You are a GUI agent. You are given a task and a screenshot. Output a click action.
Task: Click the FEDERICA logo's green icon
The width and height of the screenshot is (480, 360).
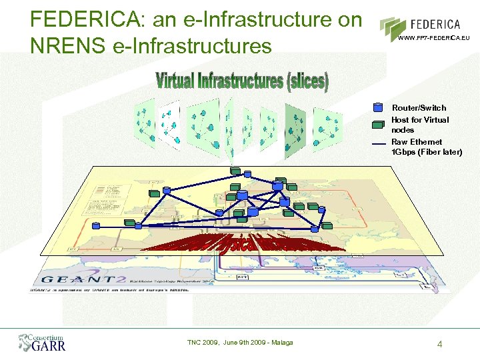pyautogui.click(x=391, y=27)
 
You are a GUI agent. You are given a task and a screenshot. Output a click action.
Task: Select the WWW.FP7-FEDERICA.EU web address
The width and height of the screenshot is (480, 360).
pyautogui.click(x=433, y=38)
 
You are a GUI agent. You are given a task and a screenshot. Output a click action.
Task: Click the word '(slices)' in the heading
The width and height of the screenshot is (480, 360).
pyautogui.click(x=307, y=82)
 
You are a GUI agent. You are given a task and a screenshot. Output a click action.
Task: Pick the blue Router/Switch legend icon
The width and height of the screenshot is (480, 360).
pyautogui.click(x=378, y=107)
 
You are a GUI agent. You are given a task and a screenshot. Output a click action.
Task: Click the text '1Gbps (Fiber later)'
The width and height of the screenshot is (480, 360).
pyautogui.click(x=426, y=152)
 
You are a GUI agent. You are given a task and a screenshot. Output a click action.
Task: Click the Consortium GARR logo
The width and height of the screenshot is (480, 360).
pyautogui.click(x=41, y=343)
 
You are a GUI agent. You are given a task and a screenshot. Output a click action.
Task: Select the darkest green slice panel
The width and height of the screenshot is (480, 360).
pyautogui.click(x=295, y=129)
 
